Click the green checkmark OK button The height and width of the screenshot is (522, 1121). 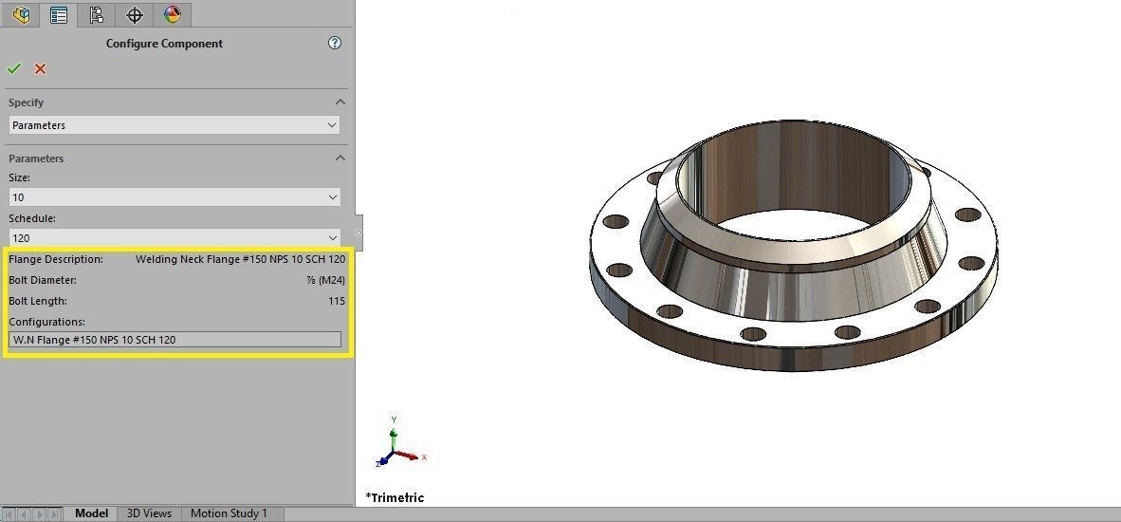[x=14, y=68]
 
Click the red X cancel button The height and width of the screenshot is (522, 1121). [x=40, y=68]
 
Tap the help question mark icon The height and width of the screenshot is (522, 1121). [x=334, y=43]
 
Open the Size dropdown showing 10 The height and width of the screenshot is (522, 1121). [x=175, y=197]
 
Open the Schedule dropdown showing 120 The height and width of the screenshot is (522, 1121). [x=175, y=238]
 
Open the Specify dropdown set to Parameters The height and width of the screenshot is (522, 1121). [x=175, y=125]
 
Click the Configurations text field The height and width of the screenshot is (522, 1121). [x=175, y=339]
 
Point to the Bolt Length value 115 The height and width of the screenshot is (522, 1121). [x=336, y=301]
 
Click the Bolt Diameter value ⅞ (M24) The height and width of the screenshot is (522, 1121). [x=325, y=280]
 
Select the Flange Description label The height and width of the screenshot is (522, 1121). [x=56, y=259]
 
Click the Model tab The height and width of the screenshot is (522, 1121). [x=91, y=513]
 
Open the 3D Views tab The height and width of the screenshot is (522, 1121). [x=149, y=513]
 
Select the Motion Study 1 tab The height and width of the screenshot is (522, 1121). [x=229, y=513]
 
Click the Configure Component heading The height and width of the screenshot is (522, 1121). [x=164, y=44]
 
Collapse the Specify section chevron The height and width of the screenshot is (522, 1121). [x=340, y=103]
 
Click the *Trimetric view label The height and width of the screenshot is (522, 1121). [x=395, y=497]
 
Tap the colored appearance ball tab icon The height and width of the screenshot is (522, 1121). [x=172, y=14]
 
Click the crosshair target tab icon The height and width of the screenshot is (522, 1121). [x=135, y=14]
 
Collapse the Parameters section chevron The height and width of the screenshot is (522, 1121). [x=340, y=158]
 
